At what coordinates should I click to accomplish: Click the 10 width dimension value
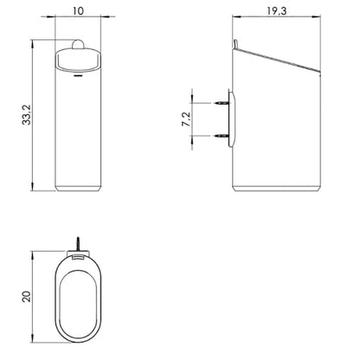click(x=78, y=11)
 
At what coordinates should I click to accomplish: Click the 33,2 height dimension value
click(x=27, y=115)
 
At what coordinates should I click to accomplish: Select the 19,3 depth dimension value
click(x=277, y=11)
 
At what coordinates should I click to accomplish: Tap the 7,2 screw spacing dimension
click(x=187, y=119)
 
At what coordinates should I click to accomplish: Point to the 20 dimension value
click(x=27, y=296)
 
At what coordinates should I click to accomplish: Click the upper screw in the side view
click(x=222, y=103)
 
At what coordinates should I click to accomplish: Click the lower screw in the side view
click(x=222, y=135)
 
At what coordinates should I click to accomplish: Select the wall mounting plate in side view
click(x=232, y=119)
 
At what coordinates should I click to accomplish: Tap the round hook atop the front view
click(x=78, y=44)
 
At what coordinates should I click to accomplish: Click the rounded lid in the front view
click(x=78, y=60)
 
